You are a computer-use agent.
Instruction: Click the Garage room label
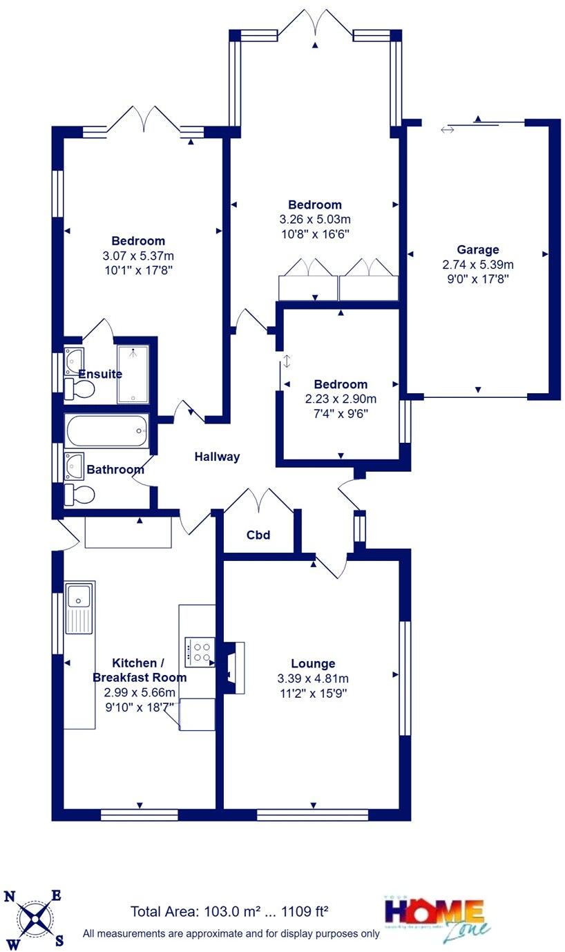[477, 250]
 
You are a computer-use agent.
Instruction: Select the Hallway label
[217, 457]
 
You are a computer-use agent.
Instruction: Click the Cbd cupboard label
[258, 535]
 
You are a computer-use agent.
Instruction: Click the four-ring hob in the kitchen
[199, 652]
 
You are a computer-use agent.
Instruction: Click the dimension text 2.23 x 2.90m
[341, 399]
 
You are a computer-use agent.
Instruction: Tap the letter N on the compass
[10, 897]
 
